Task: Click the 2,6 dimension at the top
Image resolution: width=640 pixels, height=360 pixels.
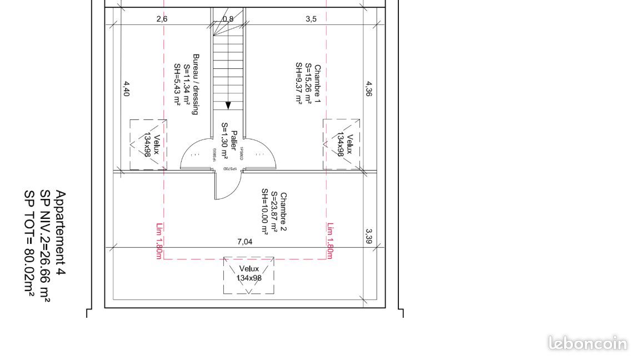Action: (x=162, y=19)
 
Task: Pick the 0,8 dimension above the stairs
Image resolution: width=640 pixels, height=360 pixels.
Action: (x=228, y=19)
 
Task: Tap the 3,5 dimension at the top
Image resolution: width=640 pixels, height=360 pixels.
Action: (x=311, y=19)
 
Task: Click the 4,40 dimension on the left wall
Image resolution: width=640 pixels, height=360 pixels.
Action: (x=126, y=89)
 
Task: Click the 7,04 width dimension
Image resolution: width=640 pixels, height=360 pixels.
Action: (x=244, y=242)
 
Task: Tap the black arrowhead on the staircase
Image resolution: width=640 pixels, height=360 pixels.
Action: (x=228, y=106)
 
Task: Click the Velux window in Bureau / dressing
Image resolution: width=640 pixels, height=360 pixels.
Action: (x=148, y=144)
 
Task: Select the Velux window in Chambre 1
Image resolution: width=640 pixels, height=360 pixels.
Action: (x=342, y=144)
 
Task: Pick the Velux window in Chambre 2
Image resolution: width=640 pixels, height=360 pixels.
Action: (x=249, y=274)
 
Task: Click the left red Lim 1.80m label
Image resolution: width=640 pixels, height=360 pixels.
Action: (x=158, y=241)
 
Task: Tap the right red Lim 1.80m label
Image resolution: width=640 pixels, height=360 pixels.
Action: (x=330, y=241)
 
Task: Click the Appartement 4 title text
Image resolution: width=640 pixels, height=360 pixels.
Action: (x=61, y=233)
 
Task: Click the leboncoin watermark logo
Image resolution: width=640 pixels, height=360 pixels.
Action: (x=587, y=343)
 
